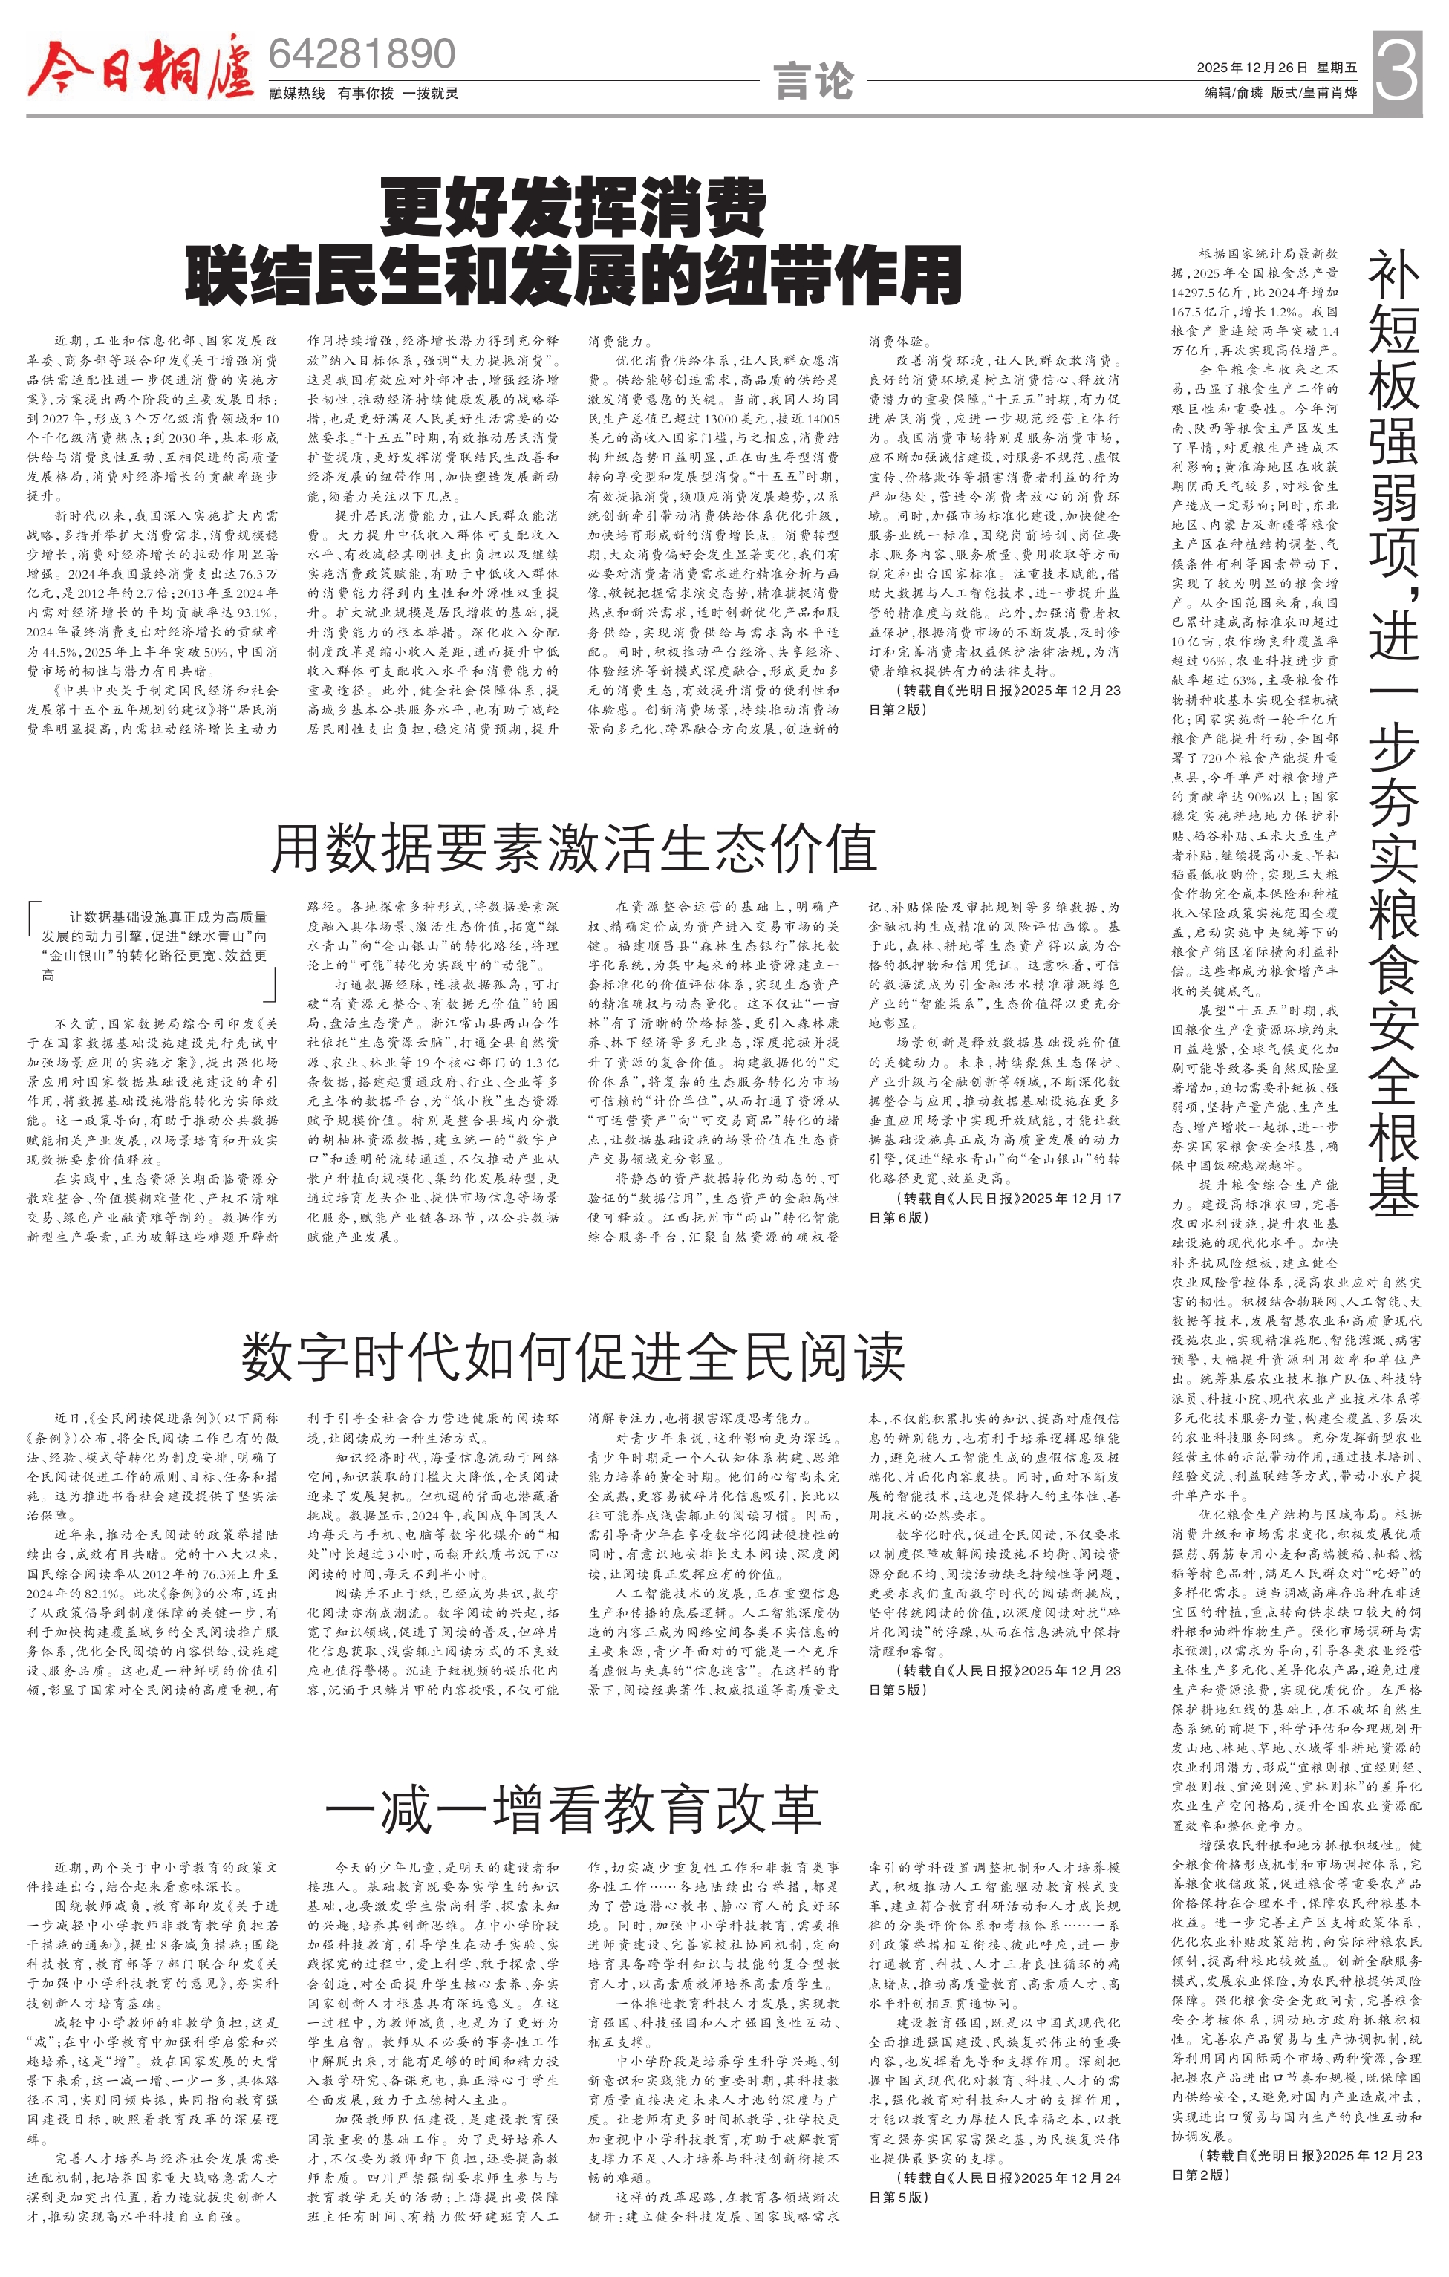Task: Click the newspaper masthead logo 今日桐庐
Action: click(140, 66)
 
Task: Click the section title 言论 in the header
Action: click(813, 80)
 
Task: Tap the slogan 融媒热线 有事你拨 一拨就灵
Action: click(364, 93)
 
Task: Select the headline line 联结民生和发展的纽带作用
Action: click(573, 276)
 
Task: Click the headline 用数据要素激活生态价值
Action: click(573, 847)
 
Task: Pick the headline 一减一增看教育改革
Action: click(573, 1810)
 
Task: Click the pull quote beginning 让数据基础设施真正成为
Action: click(153, 945)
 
